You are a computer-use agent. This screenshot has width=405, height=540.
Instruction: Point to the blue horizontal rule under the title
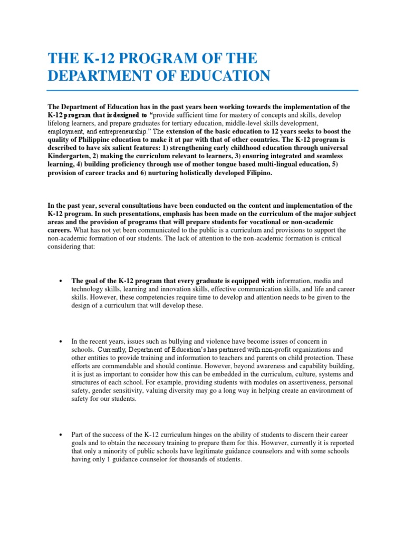[202, 91]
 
